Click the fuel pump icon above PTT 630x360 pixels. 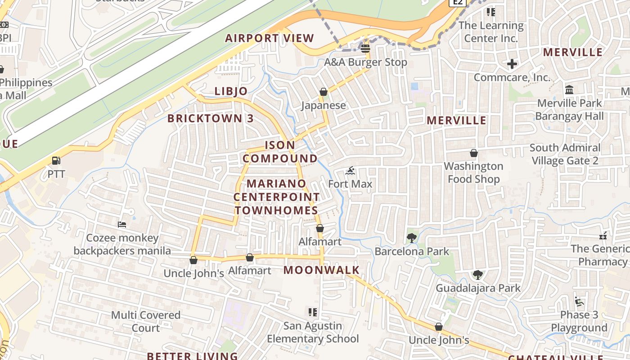click(x=56, y=161)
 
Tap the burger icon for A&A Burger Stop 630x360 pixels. click(x=365, y=48)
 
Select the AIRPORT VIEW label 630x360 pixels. click(x=269, y=38)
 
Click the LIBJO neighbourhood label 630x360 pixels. click(x=231, y=91)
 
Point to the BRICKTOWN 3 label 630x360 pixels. click(x=211, y=119)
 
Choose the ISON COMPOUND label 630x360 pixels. click(x=280, y=152)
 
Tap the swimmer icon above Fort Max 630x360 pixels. click(x=350, y=171)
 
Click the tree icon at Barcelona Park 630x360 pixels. click(x=411, y=238)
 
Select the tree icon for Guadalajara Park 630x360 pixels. click(x=477, y=274)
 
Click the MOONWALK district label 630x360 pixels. click(x=322, y=270)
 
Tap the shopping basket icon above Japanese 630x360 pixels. click(x=323, y=92)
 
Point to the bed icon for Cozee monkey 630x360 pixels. click(x=121, y=224)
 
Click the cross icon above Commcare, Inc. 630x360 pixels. click(x=512, y=64)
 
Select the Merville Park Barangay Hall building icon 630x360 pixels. click(x=569, y=90)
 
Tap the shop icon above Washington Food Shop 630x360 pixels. click(x=473, y=153)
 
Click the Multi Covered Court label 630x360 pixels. click(x=146, y=321)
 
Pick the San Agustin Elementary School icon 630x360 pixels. click(x=313, y=312)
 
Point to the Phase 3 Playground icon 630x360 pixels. click(x=579, y=301)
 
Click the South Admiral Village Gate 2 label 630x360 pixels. click(x=565, y=154)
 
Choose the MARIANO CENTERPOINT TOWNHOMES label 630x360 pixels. click(x=276, y=197)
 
